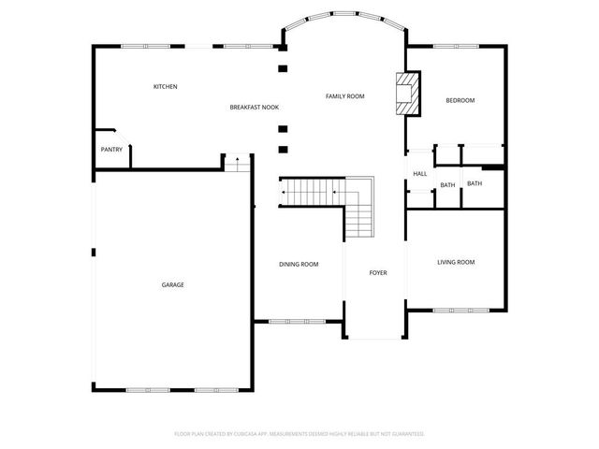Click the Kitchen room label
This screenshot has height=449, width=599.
coord(166,87)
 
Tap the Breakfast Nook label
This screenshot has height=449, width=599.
coord(255,108)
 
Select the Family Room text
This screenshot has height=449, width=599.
coord(344,96)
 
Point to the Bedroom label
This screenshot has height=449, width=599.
coord(460,100)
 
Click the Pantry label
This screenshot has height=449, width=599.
coord(111,150)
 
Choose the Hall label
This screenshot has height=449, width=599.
coord(420,173)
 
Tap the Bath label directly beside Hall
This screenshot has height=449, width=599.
coord(447,184)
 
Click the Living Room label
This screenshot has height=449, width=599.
coord(456,262)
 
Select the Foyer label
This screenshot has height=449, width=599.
coord(377,273)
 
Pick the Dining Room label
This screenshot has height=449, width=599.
coord(299,265)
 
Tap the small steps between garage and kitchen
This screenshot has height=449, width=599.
coord(238,164)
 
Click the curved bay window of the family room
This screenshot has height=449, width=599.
coord(344,16)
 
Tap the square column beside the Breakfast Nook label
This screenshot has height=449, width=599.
coord(283,129)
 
